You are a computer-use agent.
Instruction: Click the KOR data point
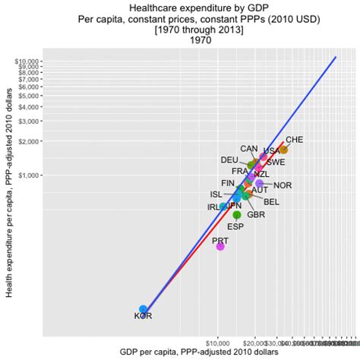coord(143,309)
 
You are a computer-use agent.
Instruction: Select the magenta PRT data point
coord(220,246)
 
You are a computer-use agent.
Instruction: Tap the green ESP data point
coord(237,216)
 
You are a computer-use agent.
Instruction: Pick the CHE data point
coord(283,150)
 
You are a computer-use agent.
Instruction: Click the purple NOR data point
coord(260,184)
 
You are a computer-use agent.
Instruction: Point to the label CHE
coord(295,140)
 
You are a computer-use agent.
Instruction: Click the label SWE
coord(276,162)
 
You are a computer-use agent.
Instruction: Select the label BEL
coord(271,202)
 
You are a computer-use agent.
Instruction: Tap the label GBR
coord(256,215)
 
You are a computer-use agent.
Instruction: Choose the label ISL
coord(216,194)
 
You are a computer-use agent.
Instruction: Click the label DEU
coord(229,159)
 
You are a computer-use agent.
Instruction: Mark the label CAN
coord(249,149)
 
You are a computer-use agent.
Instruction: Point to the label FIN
coord(228,183)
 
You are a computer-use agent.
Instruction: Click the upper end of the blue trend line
coord(336,56)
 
